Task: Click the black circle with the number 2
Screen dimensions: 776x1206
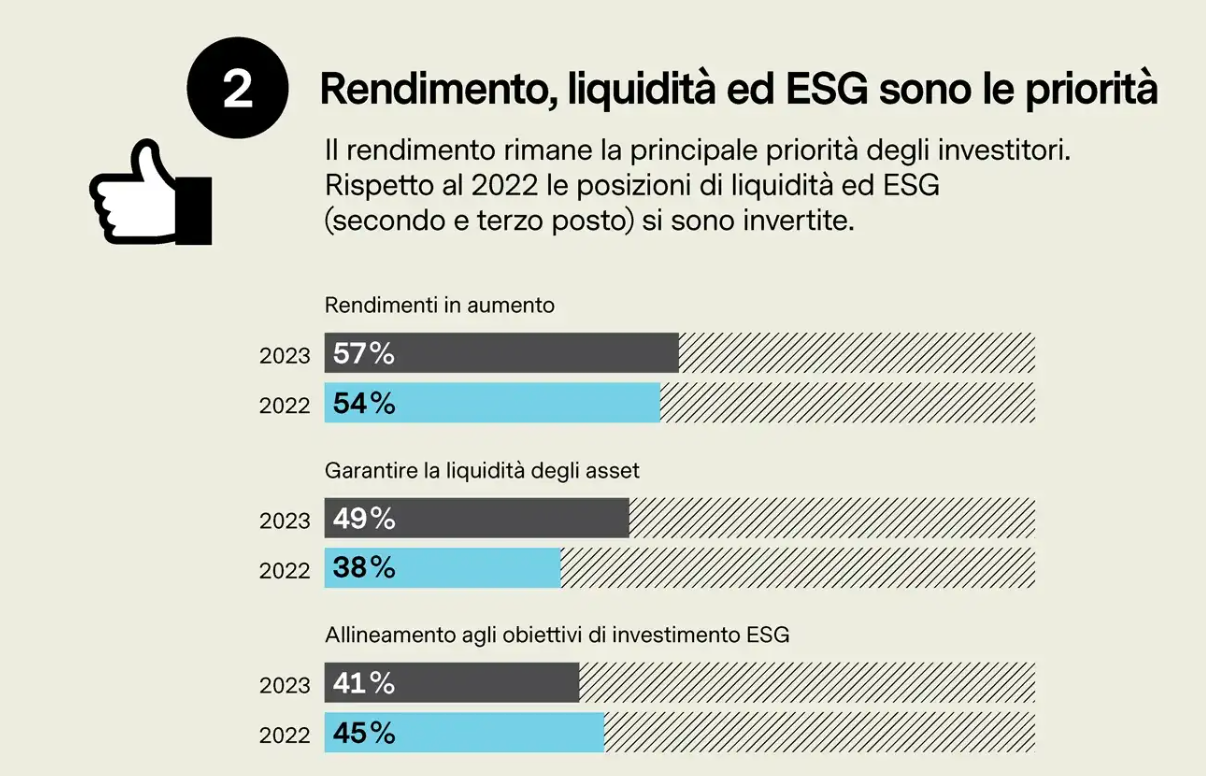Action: (x=238, y=88)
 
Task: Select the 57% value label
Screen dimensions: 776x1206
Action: (x=363, y=353)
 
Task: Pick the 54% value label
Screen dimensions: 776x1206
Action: (x=363, y=403)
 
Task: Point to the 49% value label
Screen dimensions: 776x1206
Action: (x=363, y=519)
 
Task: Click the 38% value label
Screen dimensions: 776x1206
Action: (x=363, y=568)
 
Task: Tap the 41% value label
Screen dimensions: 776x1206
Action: (x=363, y=684)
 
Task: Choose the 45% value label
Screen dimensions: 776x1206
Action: (x=363, y=733)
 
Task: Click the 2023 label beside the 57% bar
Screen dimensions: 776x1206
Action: (x=285, y=355)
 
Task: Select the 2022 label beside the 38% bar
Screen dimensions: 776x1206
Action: (x=285, y=570)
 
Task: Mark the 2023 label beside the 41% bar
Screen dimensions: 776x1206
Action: (x=285, y=686)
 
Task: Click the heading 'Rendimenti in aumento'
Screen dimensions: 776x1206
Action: (x=439, y=305)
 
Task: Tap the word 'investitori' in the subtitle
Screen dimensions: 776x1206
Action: (x=1008, y=152)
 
